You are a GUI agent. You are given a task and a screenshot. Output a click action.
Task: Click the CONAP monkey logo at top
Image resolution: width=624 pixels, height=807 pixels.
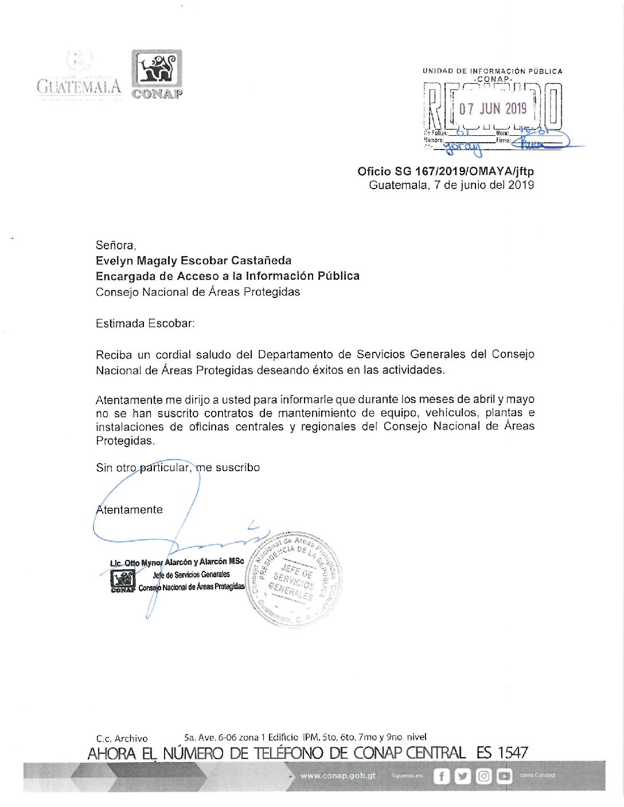coord(157,69)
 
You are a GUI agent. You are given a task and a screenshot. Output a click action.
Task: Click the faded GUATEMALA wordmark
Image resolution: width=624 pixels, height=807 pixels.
coord(79,87)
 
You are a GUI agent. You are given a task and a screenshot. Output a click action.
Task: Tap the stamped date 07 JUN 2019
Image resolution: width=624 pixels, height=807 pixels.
coord(493,108)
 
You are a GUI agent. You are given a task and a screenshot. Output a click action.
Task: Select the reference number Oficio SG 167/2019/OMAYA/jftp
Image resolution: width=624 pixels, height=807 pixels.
coord(445,171)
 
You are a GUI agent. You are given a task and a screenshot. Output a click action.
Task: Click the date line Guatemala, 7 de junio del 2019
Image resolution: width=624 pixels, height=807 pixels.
coord(451,185)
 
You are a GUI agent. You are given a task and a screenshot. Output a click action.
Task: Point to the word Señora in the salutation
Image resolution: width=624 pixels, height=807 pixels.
coord(115,245)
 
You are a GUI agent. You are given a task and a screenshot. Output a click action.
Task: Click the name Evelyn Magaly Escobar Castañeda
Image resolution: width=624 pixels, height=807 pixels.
coord(193,261)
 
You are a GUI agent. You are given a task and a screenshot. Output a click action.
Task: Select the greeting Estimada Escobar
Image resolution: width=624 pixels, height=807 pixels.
coord(145,323)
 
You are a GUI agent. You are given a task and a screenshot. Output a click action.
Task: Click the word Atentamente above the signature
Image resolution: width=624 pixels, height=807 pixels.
coord(130,510)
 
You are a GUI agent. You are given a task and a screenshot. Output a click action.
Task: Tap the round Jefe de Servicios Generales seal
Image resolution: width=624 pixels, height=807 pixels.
coord(294,579)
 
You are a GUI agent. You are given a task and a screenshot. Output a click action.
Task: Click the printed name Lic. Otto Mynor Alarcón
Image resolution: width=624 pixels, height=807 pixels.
coord(177,562)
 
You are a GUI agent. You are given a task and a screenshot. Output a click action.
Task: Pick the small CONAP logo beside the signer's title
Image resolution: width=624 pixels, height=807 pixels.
coord(122,581)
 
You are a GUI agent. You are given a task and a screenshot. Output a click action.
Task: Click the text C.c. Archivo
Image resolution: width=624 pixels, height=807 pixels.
coord(122,738)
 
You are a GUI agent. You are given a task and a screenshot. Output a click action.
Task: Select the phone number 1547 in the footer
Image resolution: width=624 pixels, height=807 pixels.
coord(512,753)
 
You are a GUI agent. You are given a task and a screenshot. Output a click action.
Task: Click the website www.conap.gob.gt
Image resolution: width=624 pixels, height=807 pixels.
coord(338,775)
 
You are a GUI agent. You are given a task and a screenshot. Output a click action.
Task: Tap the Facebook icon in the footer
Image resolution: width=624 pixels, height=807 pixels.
coord(441,776)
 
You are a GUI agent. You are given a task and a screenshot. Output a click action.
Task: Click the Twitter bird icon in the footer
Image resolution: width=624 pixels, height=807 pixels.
coord(462,776)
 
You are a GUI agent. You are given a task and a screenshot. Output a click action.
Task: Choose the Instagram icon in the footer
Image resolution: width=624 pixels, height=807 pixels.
coord(483,776)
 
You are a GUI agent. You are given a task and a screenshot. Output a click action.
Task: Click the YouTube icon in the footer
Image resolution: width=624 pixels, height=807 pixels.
coord(504,776)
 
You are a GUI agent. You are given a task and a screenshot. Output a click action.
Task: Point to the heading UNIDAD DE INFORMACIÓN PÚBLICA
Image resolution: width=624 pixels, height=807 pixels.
coord(492,71)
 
